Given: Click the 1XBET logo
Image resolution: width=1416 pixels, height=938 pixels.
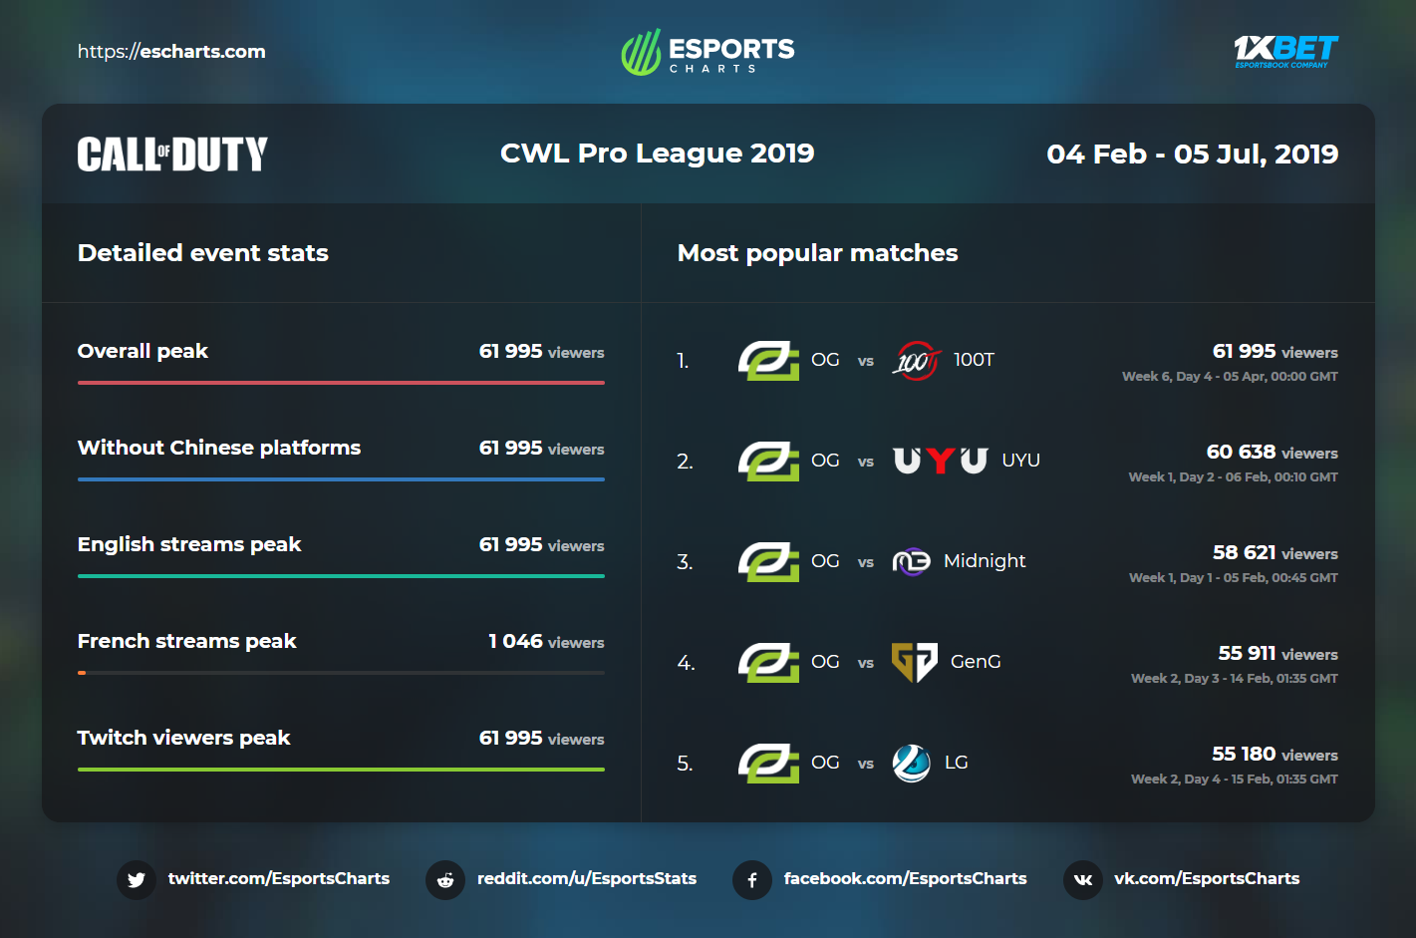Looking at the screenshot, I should tap(1284, 51).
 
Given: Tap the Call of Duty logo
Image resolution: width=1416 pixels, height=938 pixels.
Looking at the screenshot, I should tap(172, 155).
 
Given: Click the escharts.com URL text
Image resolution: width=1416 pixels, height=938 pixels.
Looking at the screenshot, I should tap(171, 52).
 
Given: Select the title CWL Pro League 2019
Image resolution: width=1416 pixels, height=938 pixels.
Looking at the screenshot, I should tap(657, 154).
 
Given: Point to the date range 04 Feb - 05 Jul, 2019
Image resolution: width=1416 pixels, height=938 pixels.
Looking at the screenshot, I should tap(1192, 155).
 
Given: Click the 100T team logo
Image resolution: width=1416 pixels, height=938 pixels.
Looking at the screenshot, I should tap(915, 361).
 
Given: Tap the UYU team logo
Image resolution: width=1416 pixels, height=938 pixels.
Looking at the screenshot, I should tap(940, 461).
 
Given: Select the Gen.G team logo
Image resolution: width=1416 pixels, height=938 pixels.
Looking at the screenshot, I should tap(914, 662).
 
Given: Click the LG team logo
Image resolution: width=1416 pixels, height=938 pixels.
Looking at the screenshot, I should tap(911, 764).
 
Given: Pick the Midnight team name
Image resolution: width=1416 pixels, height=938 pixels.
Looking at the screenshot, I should tap(984, 561).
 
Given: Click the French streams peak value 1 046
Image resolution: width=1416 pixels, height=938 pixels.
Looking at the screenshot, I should tap(516, 642).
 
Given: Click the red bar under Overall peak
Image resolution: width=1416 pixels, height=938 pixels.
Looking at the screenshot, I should tap(341, 382).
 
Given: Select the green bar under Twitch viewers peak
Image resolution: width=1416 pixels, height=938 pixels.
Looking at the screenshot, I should tap(341, 769).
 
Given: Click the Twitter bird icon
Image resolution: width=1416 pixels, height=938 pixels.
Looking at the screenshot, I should tap(137, 880).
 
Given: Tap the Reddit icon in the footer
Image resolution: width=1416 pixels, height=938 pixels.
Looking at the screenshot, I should tap(445, 880).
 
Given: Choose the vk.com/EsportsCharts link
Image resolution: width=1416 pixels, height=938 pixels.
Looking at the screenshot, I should tap(1206, 879).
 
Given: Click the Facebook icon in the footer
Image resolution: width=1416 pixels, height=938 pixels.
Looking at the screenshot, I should tap(752, 880).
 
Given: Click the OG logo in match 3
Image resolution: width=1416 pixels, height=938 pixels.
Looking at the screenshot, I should tap(768, 562).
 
